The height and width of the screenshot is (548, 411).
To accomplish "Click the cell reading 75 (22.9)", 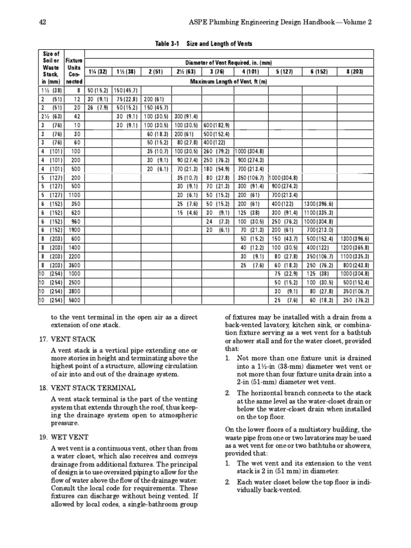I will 284,273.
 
